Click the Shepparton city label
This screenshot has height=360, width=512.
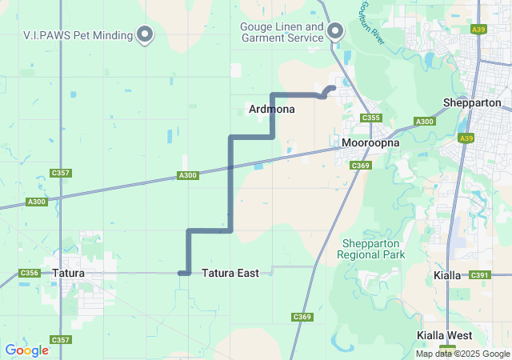tap(472, 102)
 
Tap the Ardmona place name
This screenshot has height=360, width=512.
tap(272, 109)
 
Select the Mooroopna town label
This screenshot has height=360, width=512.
tap(366, 144)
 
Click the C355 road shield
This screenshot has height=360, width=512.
tap(370, 118)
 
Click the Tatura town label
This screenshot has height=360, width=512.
tap(68, 273)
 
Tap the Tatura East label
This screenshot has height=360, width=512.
tap(230, 273)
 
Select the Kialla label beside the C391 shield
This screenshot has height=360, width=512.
tap(447, 274)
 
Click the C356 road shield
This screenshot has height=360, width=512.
tap(30, 273)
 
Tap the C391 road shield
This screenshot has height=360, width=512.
tap(480, 274)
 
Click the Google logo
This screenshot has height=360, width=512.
tap(26, 350)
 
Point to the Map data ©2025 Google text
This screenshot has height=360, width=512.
tap(462, 354)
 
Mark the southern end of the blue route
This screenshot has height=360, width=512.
tap(182, 274)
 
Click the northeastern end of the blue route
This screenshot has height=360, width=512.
tap(332, 88)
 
